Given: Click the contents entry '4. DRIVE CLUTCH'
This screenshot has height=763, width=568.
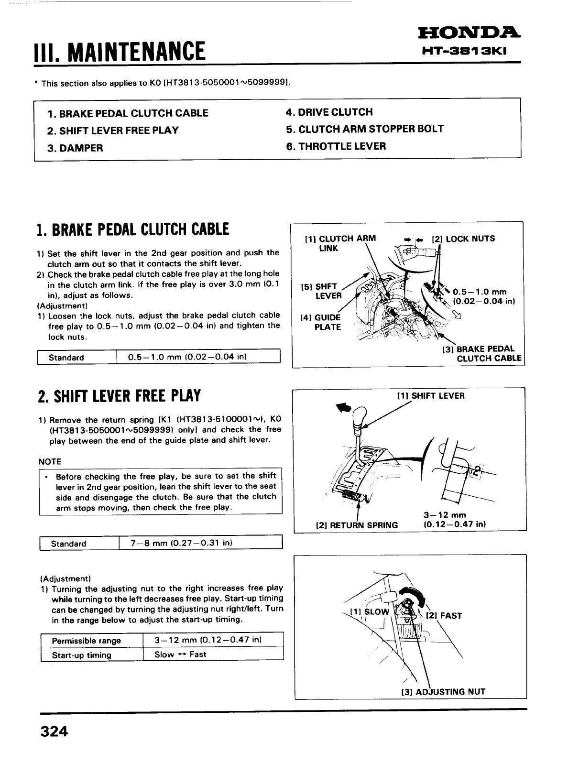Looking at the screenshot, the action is pyautogui.click(x=329, y=112).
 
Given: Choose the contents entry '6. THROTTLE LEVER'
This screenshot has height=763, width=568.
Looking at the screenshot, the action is pyautogui.click(x=336, y=146).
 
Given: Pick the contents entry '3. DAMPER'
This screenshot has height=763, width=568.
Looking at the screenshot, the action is pyautogui.click(x=75, y=148).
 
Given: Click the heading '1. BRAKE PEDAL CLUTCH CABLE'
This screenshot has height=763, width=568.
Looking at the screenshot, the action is pyautogui.click(x=133, y=229).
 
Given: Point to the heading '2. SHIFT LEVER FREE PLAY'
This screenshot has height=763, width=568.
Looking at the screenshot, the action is pyautogui.click(x=119, y=396).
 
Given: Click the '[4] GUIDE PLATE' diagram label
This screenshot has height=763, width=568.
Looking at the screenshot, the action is pyautogui.click(x=321, y=322).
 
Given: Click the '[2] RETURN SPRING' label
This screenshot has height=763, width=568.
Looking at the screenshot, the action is pyautogui.click(x=357, y=525).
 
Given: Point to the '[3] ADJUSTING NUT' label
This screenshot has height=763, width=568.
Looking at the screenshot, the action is pyautogui.click(x=443, y=691).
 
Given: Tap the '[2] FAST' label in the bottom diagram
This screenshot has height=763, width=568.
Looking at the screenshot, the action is pyautogui.click(x=444, y=616).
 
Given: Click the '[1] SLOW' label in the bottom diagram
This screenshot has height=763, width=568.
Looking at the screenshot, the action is pyautogui.click(x=370, y=611).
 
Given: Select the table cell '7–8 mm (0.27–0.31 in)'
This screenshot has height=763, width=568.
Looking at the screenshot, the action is pyautogui.click(x=182, y=543).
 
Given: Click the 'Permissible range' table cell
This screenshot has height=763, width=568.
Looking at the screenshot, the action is pyautogui.click(x=86, y=641).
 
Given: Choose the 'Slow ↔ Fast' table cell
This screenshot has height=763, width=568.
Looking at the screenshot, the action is pyautogui.click(x=180, y=654).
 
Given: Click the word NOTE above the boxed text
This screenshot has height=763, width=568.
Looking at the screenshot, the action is pyautogui.click(x=50, y=461).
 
